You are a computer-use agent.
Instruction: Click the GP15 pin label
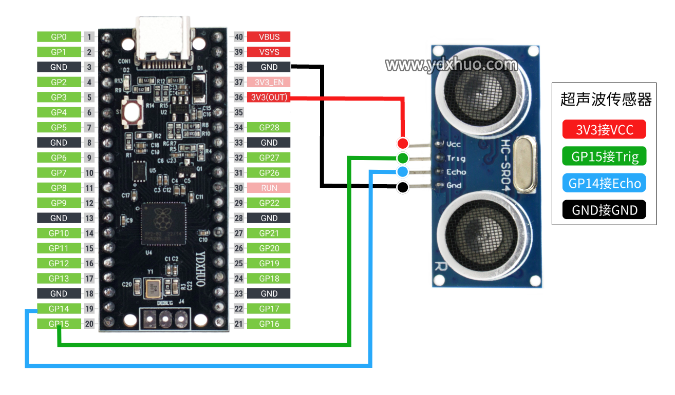tap(59, 324)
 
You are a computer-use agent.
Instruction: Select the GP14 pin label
tap(59, 309)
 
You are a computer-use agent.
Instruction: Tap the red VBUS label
tap(269, 37)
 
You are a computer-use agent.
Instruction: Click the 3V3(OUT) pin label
tap(269, 97)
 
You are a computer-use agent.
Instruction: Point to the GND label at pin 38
tap(269, 67)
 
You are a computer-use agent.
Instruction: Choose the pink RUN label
tap(269, 188)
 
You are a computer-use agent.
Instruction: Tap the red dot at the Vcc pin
tap(403, 143)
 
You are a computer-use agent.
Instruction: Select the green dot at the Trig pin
tap(403, 157)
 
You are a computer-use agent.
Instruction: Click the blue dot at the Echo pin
tap(403, 171)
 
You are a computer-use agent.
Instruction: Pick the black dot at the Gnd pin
tap(403, 187)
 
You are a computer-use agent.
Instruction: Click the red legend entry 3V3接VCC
tap(604, 130)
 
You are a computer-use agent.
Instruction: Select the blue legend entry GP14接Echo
tap(604, 183)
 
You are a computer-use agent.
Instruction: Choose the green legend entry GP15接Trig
tap(604, 156)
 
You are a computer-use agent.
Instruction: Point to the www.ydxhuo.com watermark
tap(451, 65)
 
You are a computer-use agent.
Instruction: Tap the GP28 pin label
tap(269, 128)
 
